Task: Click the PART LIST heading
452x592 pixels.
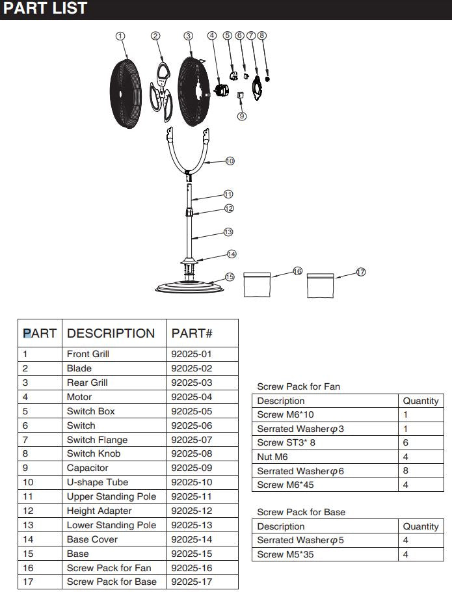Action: [46, 9]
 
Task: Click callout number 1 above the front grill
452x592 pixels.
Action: [120, 36]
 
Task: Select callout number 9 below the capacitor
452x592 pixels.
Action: [242, 116]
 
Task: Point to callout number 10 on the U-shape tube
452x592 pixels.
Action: [230, 161]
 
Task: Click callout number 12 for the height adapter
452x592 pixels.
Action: [229, 208]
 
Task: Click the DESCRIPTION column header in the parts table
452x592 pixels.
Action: [111, 333]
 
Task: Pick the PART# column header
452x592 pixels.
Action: [192, 333]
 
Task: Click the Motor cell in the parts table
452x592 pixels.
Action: [79, 397]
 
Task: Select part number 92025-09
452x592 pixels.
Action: [191, 468]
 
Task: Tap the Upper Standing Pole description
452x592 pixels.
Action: [111, 496]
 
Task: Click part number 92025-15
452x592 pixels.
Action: [191, 554]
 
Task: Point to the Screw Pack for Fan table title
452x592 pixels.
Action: [299, 386]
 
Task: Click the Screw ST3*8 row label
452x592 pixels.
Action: [286, 442]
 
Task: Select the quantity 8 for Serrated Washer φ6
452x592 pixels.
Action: [405, 471]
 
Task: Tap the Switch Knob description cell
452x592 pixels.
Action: [93, 453]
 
